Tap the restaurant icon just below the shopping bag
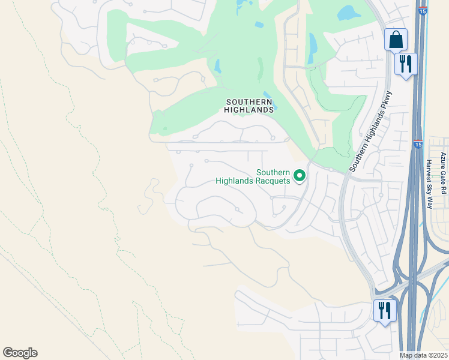[x=406, y=64]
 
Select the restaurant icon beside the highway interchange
[x=384, y=310]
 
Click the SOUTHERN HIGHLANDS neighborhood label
[x=250, y=106]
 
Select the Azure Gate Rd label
[x=444, y=173]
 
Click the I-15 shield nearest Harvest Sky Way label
[x=418, y=145]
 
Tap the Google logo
[x=20, y=353]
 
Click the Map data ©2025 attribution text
[x=423, y=355]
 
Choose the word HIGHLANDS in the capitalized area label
[x=250, y=110]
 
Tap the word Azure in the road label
[x=444, y=161]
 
